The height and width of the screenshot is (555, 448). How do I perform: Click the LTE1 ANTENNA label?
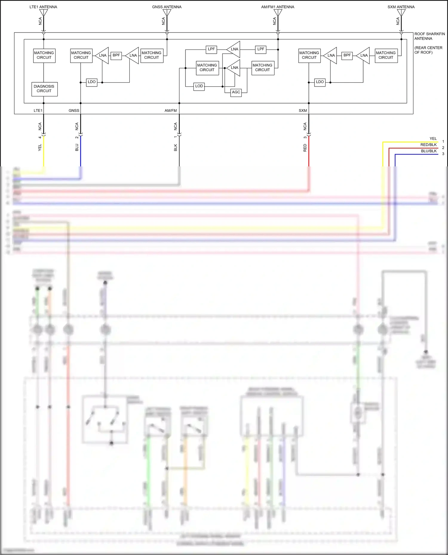click(43, 7)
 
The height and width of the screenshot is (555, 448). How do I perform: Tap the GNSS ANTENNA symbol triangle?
click(167, 13)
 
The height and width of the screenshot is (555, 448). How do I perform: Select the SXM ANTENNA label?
click(401, 7)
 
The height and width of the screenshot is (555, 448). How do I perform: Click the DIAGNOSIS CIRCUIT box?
click(44, 89)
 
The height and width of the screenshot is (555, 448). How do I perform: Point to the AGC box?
click(236, 92)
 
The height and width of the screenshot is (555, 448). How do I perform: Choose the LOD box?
click(199, 86)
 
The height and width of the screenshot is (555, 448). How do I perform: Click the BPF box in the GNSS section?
click(116, 55)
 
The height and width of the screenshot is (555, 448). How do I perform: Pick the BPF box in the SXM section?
click(347, 55)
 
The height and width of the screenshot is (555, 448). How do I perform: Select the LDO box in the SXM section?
click(320, 82)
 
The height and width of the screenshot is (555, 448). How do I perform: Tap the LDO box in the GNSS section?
click(92, 82)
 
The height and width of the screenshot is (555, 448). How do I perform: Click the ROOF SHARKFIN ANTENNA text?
click(429, 36)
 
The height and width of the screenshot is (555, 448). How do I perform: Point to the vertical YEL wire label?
click(40, 147)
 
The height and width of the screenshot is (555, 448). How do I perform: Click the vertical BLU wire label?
click(77, 147)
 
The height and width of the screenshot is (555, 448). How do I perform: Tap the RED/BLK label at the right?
click(428, 145)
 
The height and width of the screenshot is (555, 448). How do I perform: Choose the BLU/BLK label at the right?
click(429, 151)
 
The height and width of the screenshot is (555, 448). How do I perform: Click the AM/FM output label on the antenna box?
click(171, 111)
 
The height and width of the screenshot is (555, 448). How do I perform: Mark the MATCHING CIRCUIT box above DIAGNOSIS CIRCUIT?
click(44, 55)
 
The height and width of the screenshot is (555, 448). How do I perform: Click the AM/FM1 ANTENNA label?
click(277, 7)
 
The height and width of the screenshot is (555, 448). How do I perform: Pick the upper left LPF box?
click(211, 49)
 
